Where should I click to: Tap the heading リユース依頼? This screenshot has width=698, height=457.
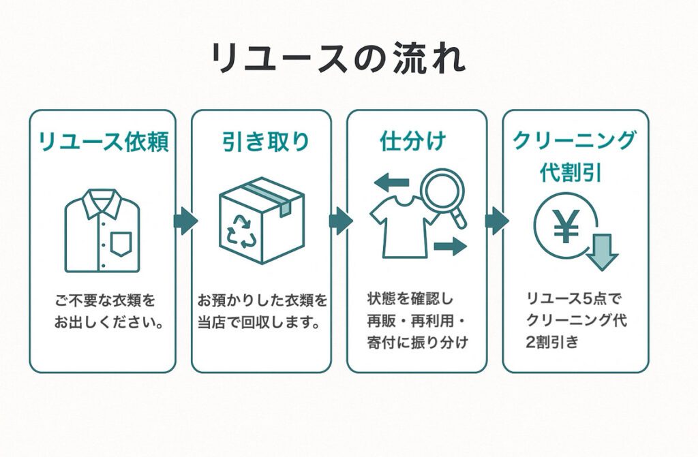[x=102, y=142]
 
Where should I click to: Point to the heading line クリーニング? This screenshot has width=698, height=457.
[x=575, y=140]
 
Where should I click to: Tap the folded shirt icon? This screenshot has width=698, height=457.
[x=102, y=231]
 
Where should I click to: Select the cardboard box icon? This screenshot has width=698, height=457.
[x=262, y=220]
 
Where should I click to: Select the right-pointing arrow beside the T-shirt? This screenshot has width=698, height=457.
[x=450, y=245]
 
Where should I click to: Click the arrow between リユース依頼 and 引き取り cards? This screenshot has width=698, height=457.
[x=185, y=221]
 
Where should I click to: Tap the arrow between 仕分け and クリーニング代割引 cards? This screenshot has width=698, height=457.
[x=496, y=221]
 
